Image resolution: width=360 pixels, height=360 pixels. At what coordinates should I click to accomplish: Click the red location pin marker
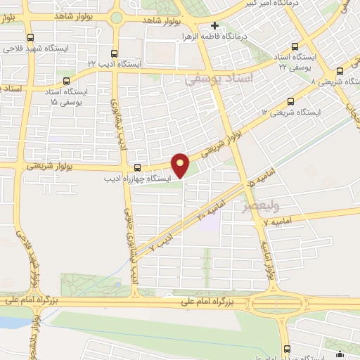click(x=181, y=165)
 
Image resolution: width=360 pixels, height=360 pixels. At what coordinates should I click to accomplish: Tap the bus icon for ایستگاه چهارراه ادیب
click(x=137, y=167)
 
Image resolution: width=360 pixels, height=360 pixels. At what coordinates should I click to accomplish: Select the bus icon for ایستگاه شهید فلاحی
click(x=30, y=38)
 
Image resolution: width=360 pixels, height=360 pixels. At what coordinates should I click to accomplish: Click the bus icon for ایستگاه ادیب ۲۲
click(x=115, y=52)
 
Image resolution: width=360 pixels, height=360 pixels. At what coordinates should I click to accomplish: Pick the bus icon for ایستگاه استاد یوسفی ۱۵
click(x=67, y=80)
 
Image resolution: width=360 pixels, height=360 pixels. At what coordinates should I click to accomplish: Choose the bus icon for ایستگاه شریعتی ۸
click(x=340, y=70)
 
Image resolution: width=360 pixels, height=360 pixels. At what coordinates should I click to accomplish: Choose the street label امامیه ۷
click(x=276, y=223)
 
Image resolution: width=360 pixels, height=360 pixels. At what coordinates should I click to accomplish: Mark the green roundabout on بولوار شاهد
click(x=117, y=18)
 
